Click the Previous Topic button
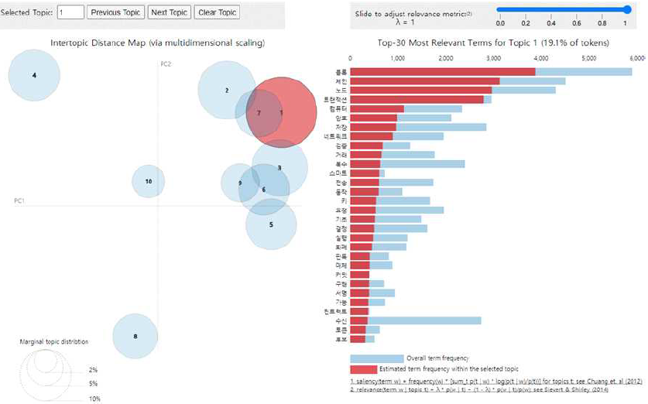point(115,12)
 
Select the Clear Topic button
point(218,12)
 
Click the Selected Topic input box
point(70,12)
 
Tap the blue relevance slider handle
point(626,9)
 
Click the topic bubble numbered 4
point(34,75)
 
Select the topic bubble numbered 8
point(135,336)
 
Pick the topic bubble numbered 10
point(149,181)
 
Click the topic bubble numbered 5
point(271,224)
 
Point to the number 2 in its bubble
point(227,91)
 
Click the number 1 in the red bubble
point(281,112)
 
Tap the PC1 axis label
point(19,201)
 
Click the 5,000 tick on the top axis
point(588,58)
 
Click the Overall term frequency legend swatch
point(376,358)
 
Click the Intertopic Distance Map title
point(158,43)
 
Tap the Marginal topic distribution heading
point(54,341)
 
